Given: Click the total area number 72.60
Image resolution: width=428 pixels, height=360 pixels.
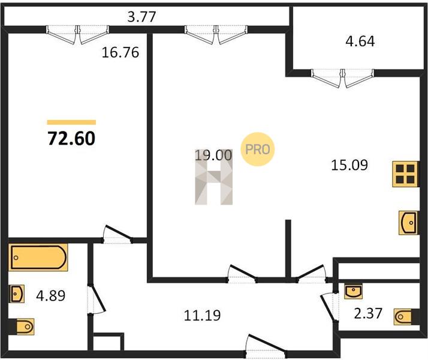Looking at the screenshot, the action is click(71, 138).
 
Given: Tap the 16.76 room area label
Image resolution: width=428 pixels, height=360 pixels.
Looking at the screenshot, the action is click(120, 52).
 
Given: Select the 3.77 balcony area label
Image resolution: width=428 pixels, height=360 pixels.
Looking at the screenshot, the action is click(141, 17).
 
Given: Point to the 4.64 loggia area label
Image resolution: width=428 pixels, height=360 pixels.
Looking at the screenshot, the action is click(360, 41).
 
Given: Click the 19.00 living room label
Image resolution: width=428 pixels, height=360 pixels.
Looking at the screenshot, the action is click(213, 155).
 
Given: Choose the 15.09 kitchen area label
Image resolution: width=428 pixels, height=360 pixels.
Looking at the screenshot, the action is click(349, 165).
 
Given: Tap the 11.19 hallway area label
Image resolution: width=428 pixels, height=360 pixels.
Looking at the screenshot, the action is click(202, 316).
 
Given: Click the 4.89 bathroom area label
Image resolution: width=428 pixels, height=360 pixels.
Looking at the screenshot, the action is click(51, 296).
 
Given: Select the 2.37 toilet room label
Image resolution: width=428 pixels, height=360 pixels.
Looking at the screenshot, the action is click(368, 313).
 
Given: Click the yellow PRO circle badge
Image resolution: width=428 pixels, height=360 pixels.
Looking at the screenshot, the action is click(257, 149).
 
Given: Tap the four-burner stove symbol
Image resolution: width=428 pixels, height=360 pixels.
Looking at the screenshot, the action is click(405, 174).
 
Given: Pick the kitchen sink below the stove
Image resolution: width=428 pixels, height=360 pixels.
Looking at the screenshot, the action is click(408, 223).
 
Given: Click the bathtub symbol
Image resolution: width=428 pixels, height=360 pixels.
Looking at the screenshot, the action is click(38, 257).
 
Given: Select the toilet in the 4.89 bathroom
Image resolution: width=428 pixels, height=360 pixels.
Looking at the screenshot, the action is click(22, 326).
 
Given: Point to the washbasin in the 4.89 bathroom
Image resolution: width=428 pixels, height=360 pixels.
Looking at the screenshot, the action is click(17, 294).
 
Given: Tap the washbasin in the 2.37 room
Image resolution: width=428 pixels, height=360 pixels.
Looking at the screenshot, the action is click(353, 292).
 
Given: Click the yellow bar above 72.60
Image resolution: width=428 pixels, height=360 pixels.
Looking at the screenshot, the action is click(71, 122).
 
